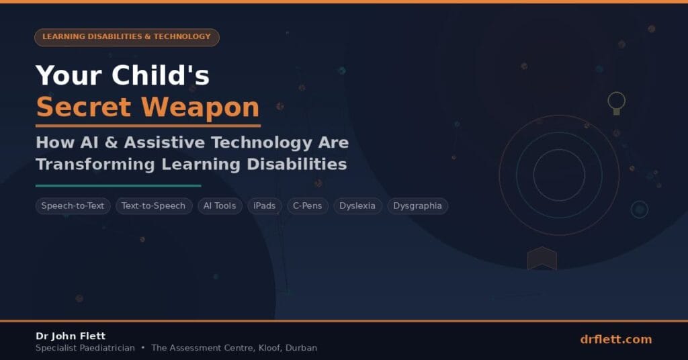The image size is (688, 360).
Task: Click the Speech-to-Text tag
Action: pyautogui.click(x=73, y=206)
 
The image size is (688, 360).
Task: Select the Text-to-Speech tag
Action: pyautogui.click(x=154, y=206)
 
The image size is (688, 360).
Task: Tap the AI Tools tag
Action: pyautogui.click(x=220, y=206)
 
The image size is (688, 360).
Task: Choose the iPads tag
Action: pyautogui.click(x=265, y=206)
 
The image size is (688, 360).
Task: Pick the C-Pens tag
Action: pyautogui.click(x=308, y=206)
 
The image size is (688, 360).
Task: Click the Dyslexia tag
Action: pyautogui.click(x=357, y=206)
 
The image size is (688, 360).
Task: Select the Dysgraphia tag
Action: pyautogui.click(x=417, y=206)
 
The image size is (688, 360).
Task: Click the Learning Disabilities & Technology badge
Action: pyautogui.click(x=127, y=37)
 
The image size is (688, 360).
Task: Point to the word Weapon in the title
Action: pyautogui.click(x=200, y=107)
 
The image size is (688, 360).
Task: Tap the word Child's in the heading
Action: pyautogui.click(x=161, y=75)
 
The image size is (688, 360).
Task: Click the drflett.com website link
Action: pyautogui.click(x=615, y=339)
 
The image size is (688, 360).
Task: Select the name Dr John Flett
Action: pyautogui.click(x=71, y=336)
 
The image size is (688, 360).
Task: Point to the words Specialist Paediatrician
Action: pyautogui.click(x=85, y=348)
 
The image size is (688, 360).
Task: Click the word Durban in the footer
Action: pyautogui.click(x=301, y=348)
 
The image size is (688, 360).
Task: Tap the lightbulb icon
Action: pyautogui.click(x=617, y=103)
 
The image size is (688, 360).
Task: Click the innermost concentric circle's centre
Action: pyautogui.click(x=559, y=175)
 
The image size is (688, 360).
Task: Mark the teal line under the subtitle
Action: pyautogui.click(x=118, y=185)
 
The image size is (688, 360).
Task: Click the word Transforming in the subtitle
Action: pyautogui.click(x=95, y=165)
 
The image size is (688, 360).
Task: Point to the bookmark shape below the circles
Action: pyautogui.click(x=542, y=259)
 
